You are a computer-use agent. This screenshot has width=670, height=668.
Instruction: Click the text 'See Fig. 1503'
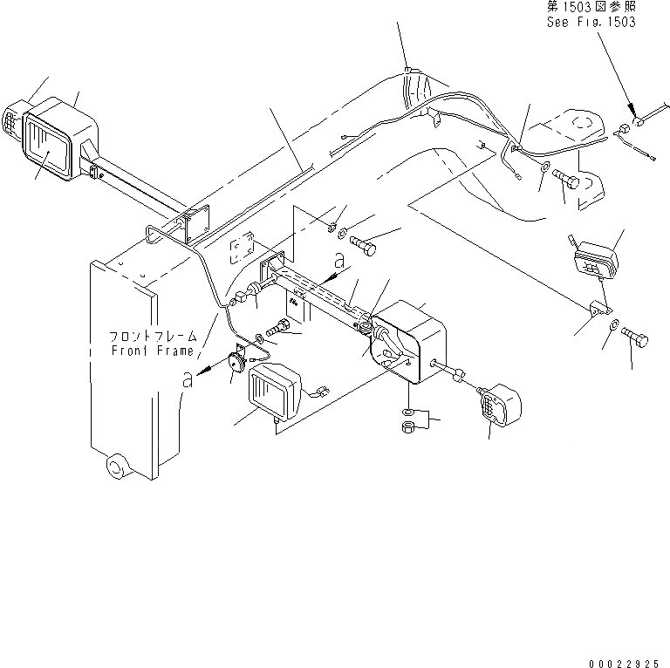click(590, 22)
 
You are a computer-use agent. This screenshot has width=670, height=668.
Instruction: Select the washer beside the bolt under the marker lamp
click(614, 327)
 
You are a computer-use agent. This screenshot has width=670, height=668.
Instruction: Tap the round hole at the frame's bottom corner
click(114, 466)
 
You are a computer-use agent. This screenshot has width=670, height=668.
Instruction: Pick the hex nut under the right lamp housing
click(407, 427)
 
